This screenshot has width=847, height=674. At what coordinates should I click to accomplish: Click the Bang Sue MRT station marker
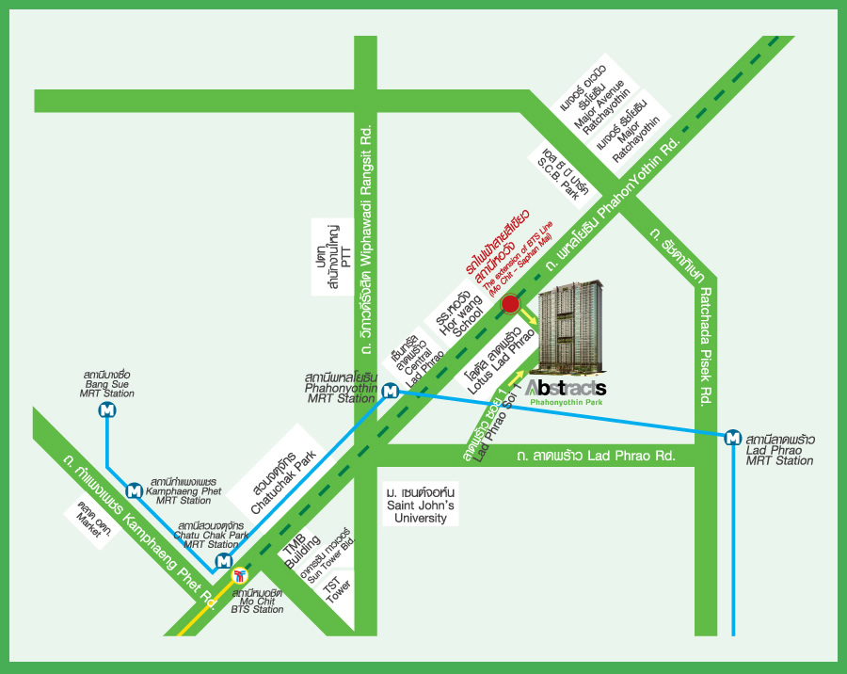coord(107,410)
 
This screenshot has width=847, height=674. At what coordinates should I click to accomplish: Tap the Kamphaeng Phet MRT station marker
coord(134,489)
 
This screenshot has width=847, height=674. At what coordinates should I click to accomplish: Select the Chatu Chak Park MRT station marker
coord(223,562)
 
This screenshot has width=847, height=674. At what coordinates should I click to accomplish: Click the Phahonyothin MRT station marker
coord(391,391)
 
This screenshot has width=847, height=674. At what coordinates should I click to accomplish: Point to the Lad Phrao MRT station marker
coord(732,437)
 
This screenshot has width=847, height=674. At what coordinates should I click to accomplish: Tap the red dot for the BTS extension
coord(510,304)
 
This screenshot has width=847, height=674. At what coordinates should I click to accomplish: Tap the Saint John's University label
coord(421,505)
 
